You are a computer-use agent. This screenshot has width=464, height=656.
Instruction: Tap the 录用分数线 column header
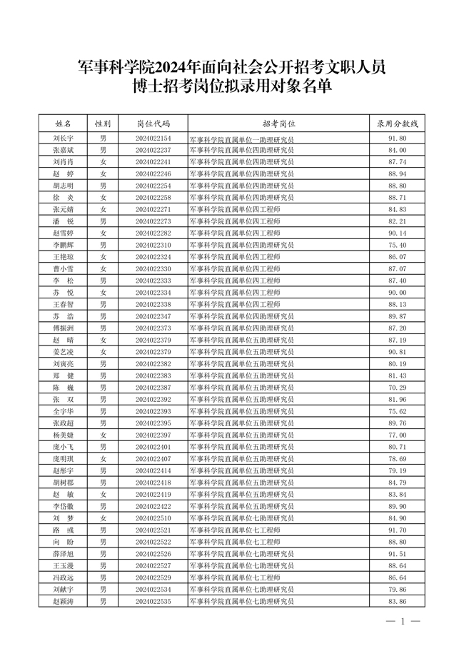(x=397, y=123)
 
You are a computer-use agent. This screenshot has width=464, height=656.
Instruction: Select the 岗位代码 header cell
(x=153, y=123)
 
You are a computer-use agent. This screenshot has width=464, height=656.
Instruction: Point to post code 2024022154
(x=153, y=138)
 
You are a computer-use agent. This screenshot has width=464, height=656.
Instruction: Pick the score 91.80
(x=397, y=138)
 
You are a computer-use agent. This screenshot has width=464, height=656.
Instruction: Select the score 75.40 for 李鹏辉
(x=397, y=245)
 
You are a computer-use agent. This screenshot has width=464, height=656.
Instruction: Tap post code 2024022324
(x=153, y=256)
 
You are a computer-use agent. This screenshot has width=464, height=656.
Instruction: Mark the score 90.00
(x=397, y=292)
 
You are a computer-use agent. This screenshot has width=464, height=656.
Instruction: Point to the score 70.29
(x=397, y=388)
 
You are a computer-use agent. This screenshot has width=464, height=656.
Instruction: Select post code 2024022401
(x=153, y=447)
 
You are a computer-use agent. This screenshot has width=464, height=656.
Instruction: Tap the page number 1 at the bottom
(x=402, y=621)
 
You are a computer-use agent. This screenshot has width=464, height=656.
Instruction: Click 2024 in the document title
(x=168, y=69)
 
